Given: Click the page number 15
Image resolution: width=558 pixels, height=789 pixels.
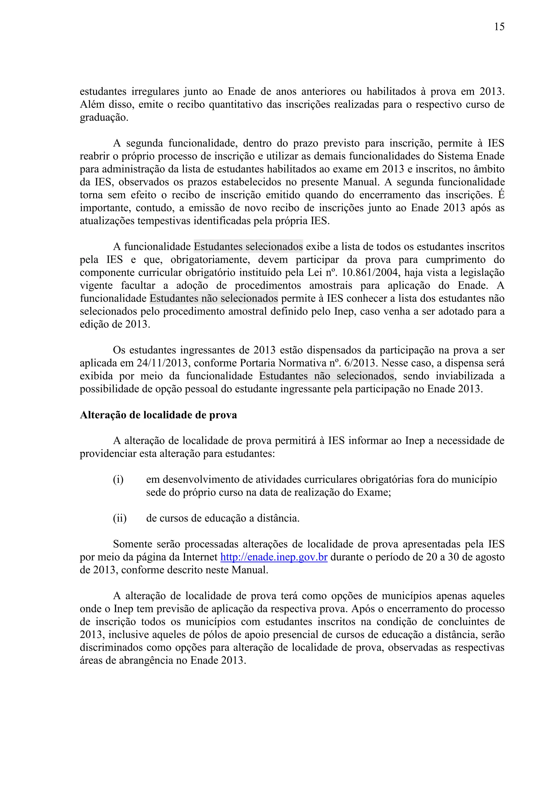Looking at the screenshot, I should [499, 27].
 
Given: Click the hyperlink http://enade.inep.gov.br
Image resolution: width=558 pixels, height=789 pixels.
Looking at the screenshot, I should [274, 557].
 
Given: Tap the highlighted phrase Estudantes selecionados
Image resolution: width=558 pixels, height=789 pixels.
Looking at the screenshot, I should [248, 246].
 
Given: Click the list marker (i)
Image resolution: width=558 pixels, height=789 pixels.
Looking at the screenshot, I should [118, 479].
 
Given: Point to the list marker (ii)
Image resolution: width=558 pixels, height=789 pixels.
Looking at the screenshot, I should [120, 518].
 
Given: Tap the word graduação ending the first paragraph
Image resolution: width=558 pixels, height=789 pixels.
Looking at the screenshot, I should [104, 118].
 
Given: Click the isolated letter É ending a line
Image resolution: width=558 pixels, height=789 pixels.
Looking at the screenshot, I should [501, 195].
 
